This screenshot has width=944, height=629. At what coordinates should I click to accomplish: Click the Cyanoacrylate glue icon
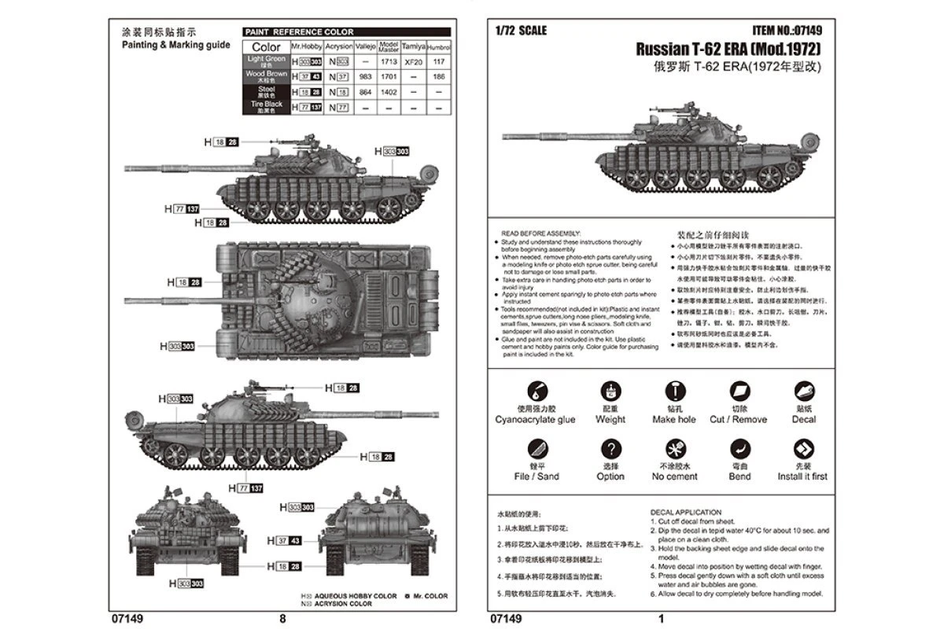(x=535, y=392)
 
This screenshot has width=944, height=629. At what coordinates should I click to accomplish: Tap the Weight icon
(x=610, y=392)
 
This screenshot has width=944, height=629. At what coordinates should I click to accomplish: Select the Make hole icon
(x=674, y=392)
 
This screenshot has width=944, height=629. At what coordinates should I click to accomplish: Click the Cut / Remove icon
(x=739, y=392)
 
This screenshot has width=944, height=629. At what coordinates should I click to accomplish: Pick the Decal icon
(x=803, y=392)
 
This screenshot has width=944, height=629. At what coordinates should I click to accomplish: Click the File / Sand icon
(x=535, y=450)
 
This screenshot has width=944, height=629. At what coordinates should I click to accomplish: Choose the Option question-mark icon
(x=610, y=450)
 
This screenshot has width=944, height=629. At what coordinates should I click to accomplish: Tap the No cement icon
(x=674, y=450)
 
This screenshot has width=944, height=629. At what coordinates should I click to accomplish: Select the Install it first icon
(x=803, y=450)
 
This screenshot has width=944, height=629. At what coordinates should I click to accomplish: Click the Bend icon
(x=739, y=450)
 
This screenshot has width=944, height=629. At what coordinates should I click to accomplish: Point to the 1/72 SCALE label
(x=521, y=31)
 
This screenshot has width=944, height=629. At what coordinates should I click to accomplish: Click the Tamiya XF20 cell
(x=413, y=62)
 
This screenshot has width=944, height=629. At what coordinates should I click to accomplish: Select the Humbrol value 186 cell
(x=439, y=77)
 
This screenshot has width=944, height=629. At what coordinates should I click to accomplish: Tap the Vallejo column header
(x=363, y=46)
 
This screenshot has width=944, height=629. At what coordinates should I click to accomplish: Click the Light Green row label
(x=267, y=61)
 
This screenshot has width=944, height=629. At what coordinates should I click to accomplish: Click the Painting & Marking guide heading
(x=175, y=46)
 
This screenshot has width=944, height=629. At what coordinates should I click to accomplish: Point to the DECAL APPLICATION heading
(x=686, y=512)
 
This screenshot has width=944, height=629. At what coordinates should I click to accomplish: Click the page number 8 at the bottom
(x=282, y=619)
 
